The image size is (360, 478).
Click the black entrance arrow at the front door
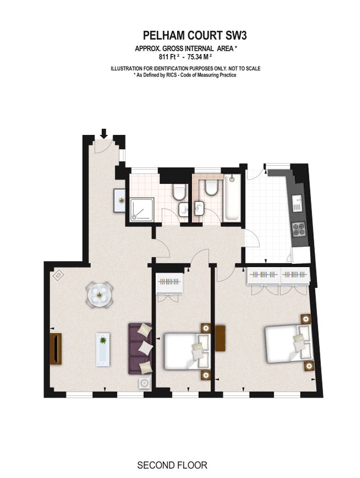(104, 133)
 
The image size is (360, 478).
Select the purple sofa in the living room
(140, 349)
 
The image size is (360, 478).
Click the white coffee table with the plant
(103, 349)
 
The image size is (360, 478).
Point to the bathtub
(232, 198)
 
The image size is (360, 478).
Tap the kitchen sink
(297, 204)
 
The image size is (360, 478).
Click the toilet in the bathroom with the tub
(211, 187)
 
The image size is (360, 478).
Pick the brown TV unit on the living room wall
(56, 349)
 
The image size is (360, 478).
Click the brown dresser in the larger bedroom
(220, 338)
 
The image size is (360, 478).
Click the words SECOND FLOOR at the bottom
(172, 465)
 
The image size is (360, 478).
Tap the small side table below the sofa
(144, 383)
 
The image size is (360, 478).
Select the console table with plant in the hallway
(119, 200)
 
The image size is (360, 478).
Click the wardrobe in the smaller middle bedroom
(169, 283)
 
